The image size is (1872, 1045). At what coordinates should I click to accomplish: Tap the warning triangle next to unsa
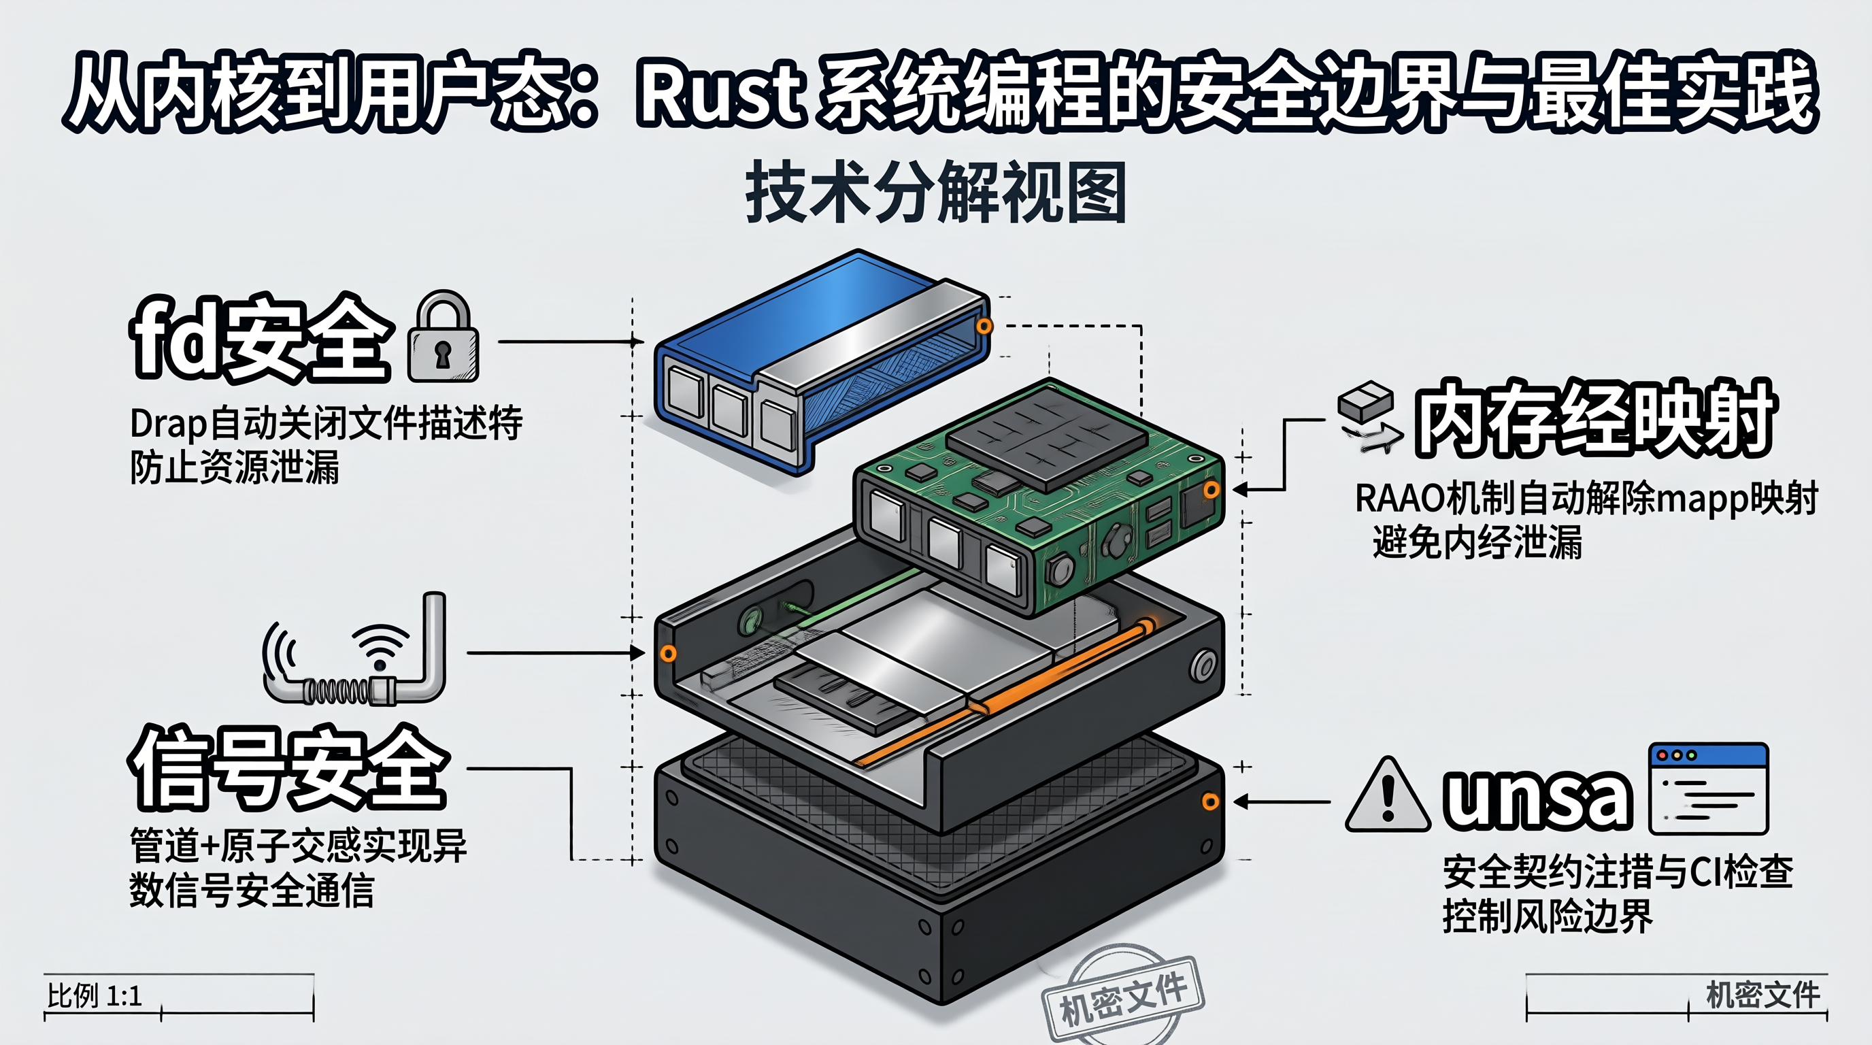[x=1388, y=797]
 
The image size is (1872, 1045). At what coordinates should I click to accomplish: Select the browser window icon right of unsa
[x=1709, y=789]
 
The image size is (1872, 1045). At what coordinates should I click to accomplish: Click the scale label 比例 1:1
[x=95, y=995]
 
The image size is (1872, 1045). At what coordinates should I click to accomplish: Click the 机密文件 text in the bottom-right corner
[x=1762, y=995]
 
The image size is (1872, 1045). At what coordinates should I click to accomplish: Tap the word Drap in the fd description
[x=169, y=425]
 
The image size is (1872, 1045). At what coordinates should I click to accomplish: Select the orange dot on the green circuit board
[x=1211, y=491]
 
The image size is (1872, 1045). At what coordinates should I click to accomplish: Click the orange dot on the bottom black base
[x=1210, y=801]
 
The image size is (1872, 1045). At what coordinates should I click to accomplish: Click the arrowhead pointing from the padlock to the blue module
[x=637, y=341]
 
